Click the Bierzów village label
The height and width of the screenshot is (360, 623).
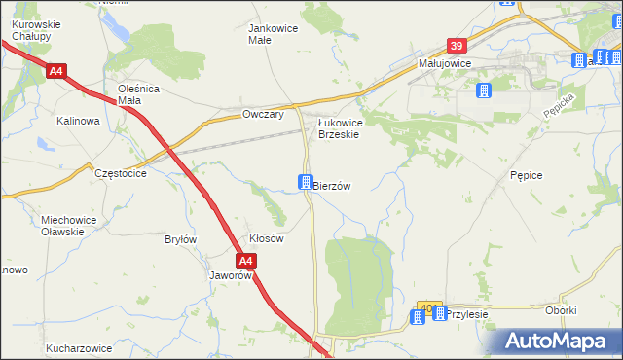(332, 186)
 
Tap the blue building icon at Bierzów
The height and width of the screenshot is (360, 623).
(305, 182)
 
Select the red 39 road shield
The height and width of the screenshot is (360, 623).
(457, 46)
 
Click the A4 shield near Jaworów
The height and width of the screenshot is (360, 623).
(247, 261)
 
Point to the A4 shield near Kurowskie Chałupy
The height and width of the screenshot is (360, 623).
(56, 70)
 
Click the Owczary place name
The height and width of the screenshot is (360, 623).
(262, 115)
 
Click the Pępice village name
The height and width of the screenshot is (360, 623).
(525, 175)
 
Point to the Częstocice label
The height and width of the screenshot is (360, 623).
(121, 172)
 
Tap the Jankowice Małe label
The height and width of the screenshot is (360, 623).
(274, 35)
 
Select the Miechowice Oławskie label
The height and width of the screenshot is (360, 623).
(68, 226)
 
